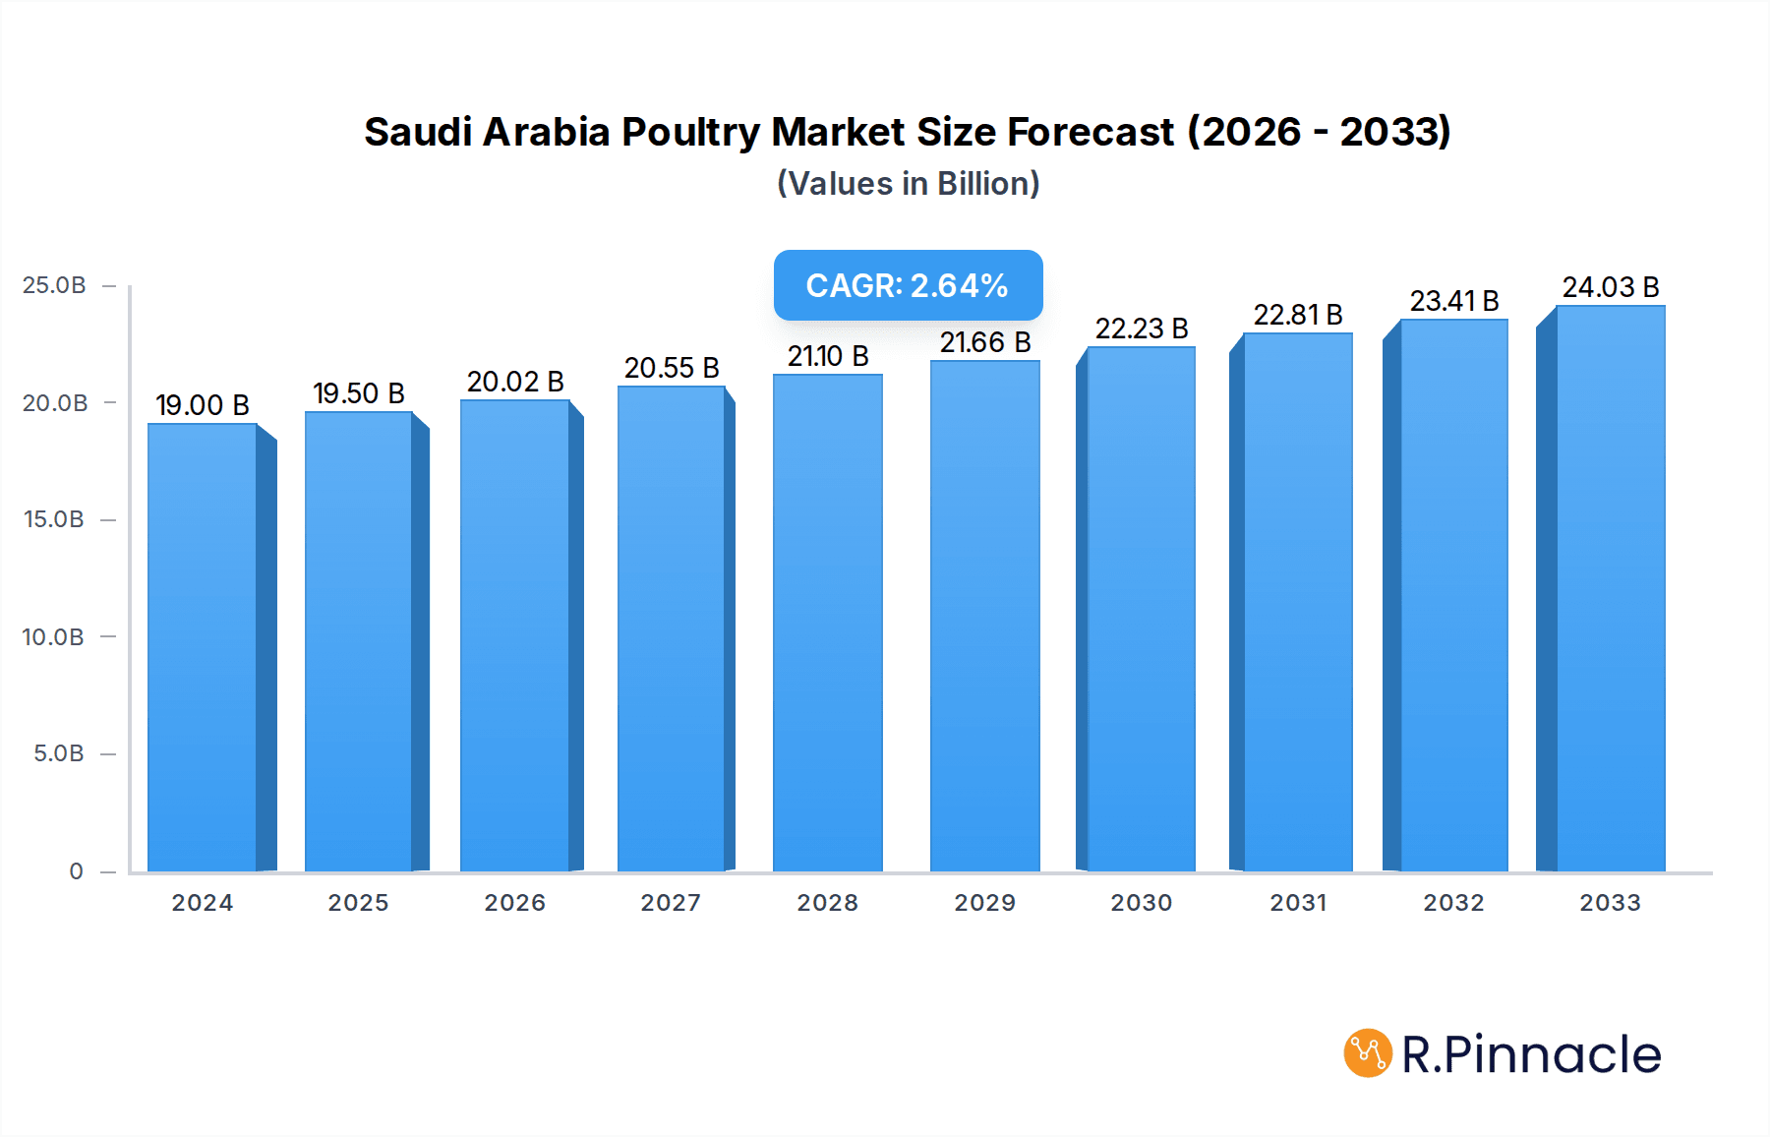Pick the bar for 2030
(1141, 609)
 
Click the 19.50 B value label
(359, 393)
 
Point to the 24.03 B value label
(1611, 287)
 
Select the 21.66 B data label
(985, 342)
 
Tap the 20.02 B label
(515, 382)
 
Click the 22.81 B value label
(1298, 315)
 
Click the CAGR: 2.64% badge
(908, 285)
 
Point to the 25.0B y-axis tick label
(54, 285)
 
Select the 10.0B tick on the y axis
(53, 637)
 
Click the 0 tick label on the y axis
(76, 871)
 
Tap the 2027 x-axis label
(671, 903)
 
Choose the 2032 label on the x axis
(1453, 903)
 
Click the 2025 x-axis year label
(358, 903)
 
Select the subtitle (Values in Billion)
(908, 184)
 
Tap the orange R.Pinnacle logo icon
(1368, 1053)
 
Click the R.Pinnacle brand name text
(1531, 1054)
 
